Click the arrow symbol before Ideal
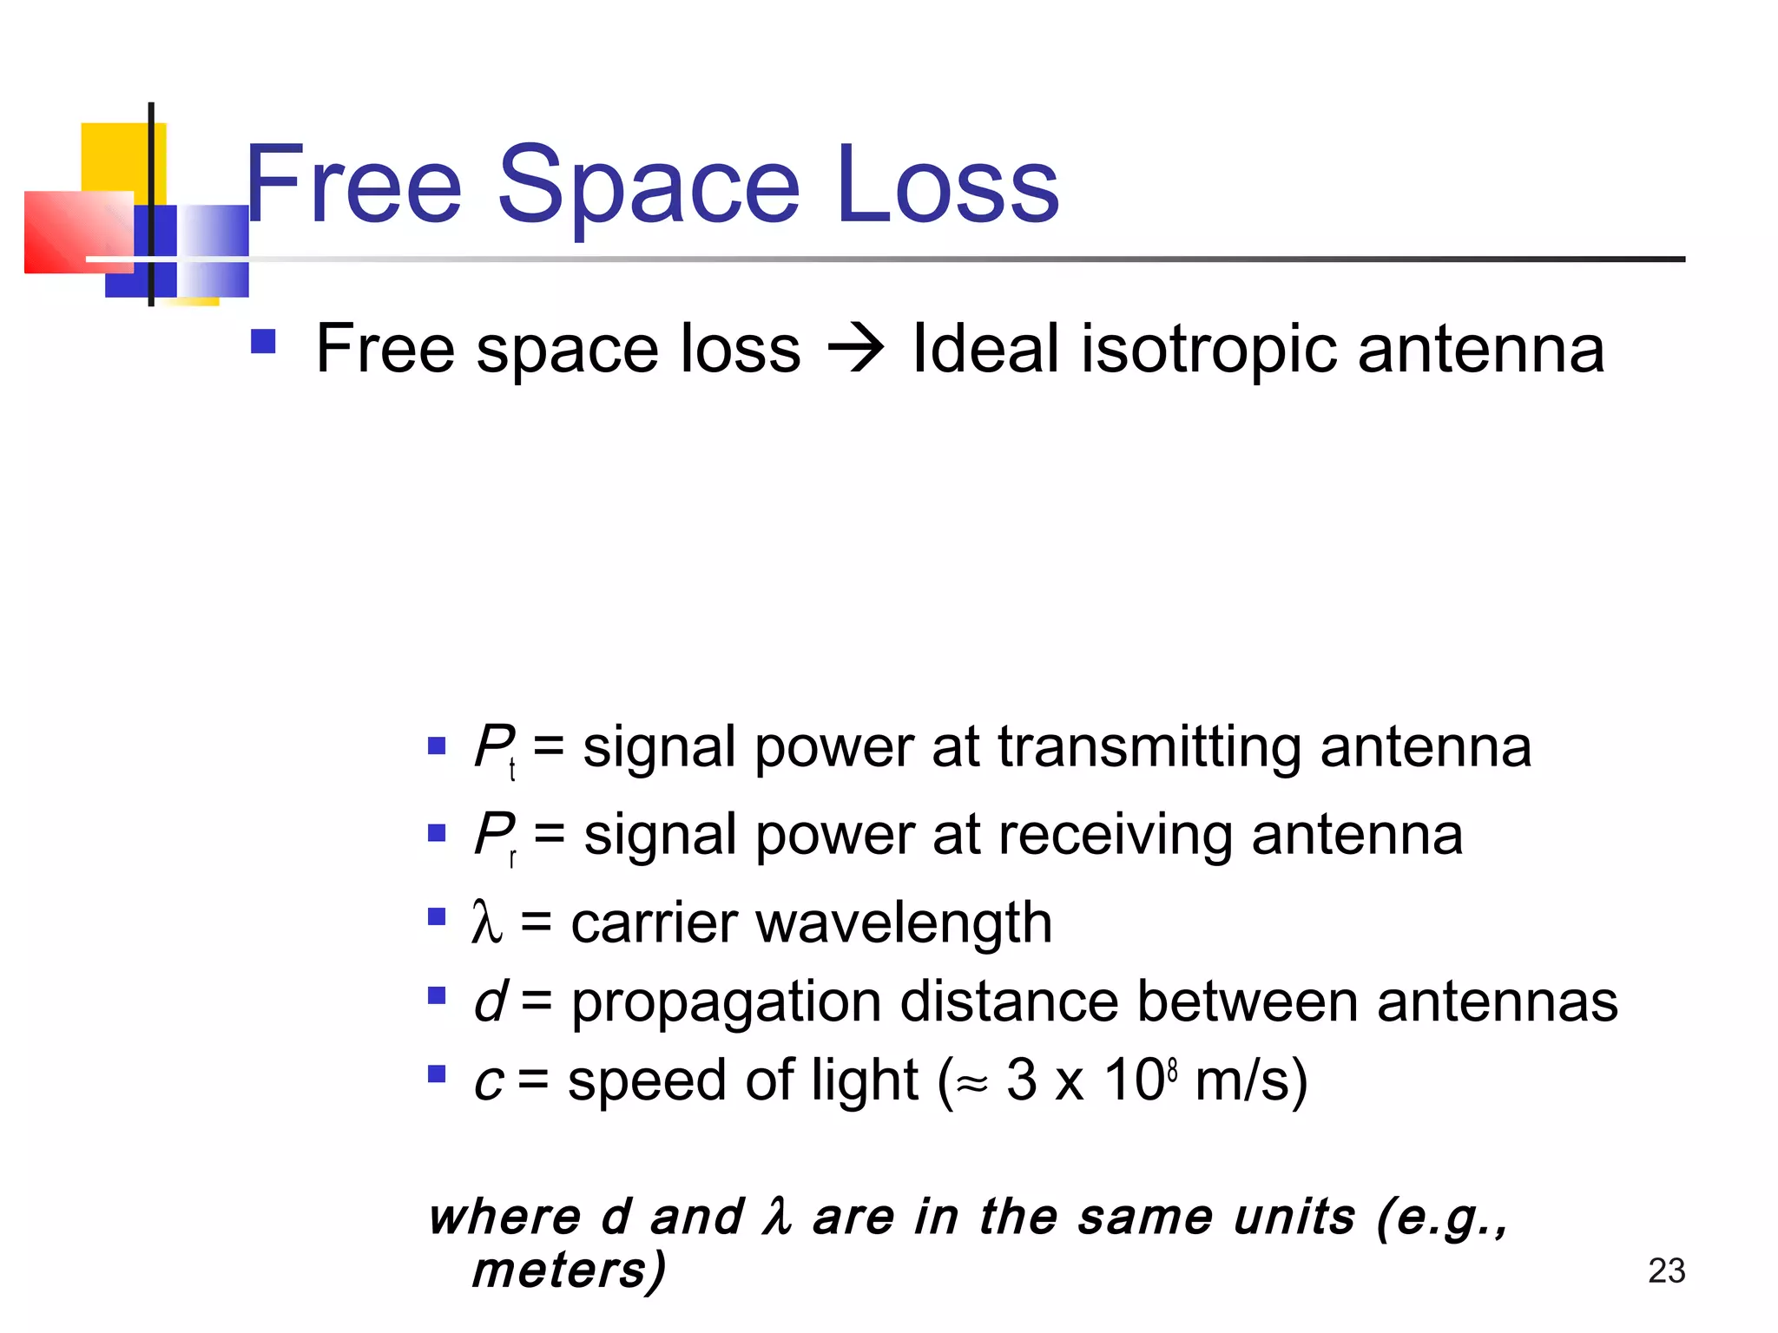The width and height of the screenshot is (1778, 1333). pos(855,350)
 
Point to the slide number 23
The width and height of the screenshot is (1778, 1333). pos(1666,1271)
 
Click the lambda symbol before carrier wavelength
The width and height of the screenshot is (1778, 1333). pos(486,922)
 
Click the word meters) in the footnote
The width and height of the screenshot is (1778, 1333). pos(569,1271)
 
